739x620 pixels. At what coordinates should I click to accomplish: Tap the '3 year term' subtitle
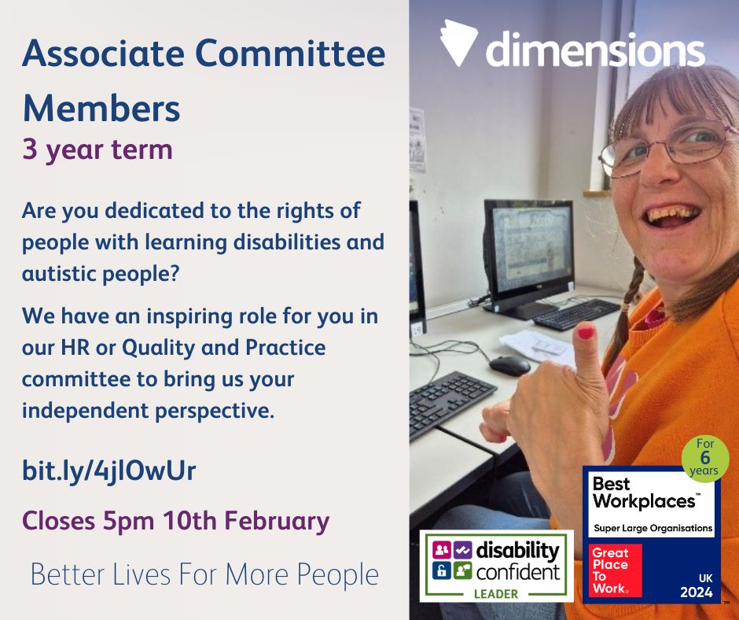[x=97, y=149]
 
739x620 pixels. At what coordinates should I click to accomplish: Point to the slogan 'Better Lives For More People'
[x=204, y=575]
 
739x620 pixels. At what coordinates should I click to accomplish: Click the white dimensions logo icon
[x=459, y=44]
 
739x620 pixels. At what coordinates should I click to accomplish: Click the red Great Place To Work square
[x=616, y=570]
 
